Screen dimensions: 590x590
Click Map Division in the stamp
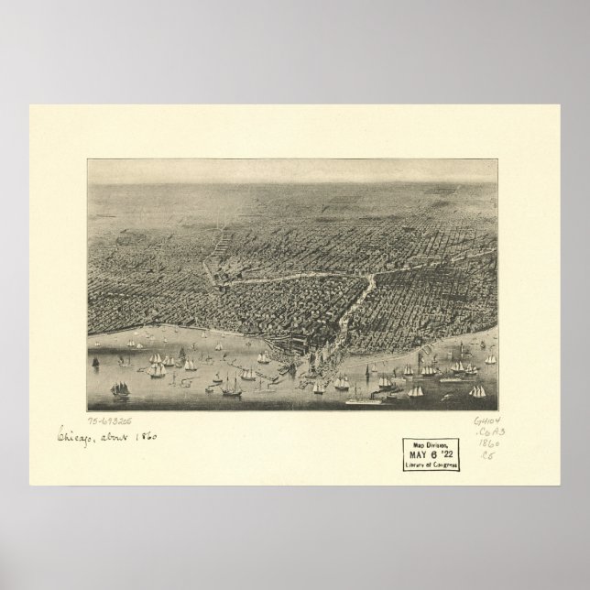click(x=430, y=446)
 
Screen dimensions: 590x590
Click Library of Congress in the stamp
click(x=430, y=464)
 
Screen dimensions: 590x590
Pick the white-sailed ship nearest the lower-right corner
click(x=477, y=391)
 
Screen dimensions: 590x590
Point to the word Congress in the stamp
click(x=442, y=464)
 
